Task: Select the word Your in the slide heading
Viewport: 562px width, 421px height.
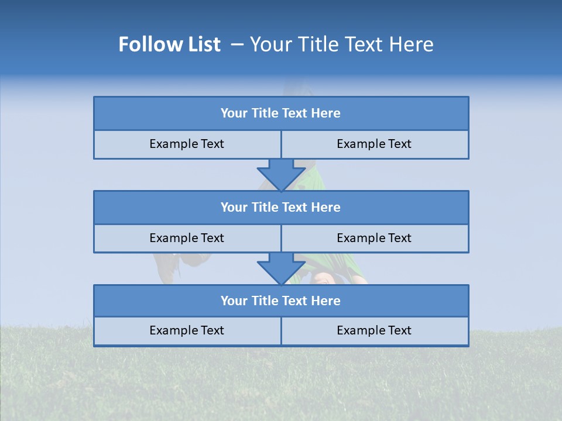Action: (x=269, y=44)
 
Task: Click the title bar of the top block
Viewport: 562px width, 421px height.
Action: (x=281, y=113)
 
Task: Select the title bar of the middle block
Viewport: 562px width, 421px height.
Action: (x=281, y=207)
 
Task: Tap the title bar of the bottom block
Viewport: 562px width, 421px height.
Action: (x=281, y=301)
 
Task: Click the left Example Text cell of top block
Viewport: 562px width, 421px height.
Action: (x=187, y=144)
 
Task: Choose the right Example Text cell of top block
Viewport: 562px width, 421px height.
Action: (x=374, y=144)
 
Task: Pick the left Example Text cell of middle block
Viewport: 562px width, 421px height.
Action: (x=187, y=238)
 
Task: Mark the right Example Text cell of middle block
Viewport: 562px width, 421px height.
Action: (x=374, y=238)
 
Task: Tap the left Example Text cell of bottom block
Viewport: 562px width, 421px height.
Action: (x=187, y=330)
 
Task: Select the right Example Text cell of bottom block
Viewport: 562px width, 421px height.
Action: (x=374, y=330)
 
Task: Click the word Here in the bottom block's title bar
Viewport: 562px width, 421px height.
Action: (x=326, y=301)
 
